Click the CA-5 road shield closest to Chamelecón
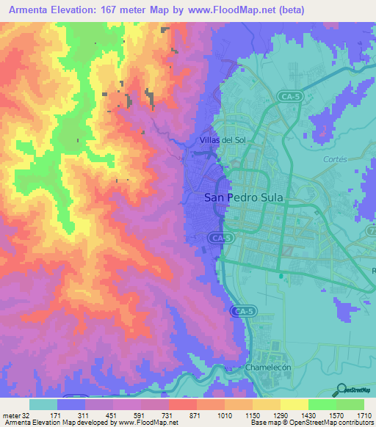point(242,311)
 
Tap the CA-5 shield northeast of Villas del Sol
point(291,96)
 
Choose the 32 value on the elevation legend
point(29,415)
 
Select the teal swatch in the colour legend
point(43,404)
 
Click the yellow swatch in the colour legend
point(294,404)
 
